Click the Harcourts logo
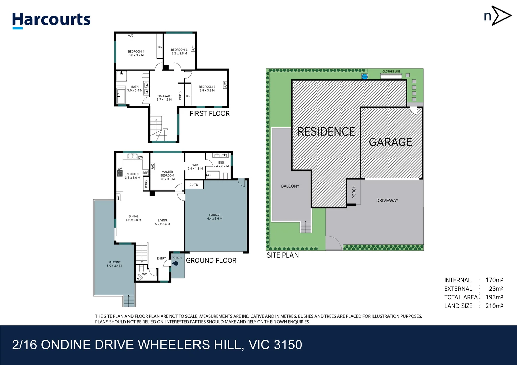(51, 21)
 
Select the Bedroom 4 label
(136, 51)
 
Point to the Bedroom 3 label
(179, 50)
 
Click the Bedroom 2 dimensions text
(207, 91)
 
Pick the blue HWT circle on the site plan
(365, 77)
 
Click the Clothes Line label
(392, 72)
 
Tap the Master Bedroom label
(167, 173)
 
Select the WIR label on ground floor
(195, 165)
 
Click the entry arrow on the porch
(175, 263)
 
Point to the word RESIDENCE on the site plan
(326, 132)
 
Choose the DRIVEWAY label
(387, 201)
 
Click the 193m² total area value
(494, 297)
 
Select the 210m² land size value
(494, 306)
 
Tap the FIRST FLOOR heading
(210, 114)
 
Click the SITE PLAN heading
(283, 255)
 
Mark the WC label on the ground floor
(144, 274)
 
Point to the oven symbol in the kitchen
(120, 173)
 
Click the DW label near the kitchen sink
(141, 157)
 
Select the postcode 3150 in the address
(288, 345)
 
